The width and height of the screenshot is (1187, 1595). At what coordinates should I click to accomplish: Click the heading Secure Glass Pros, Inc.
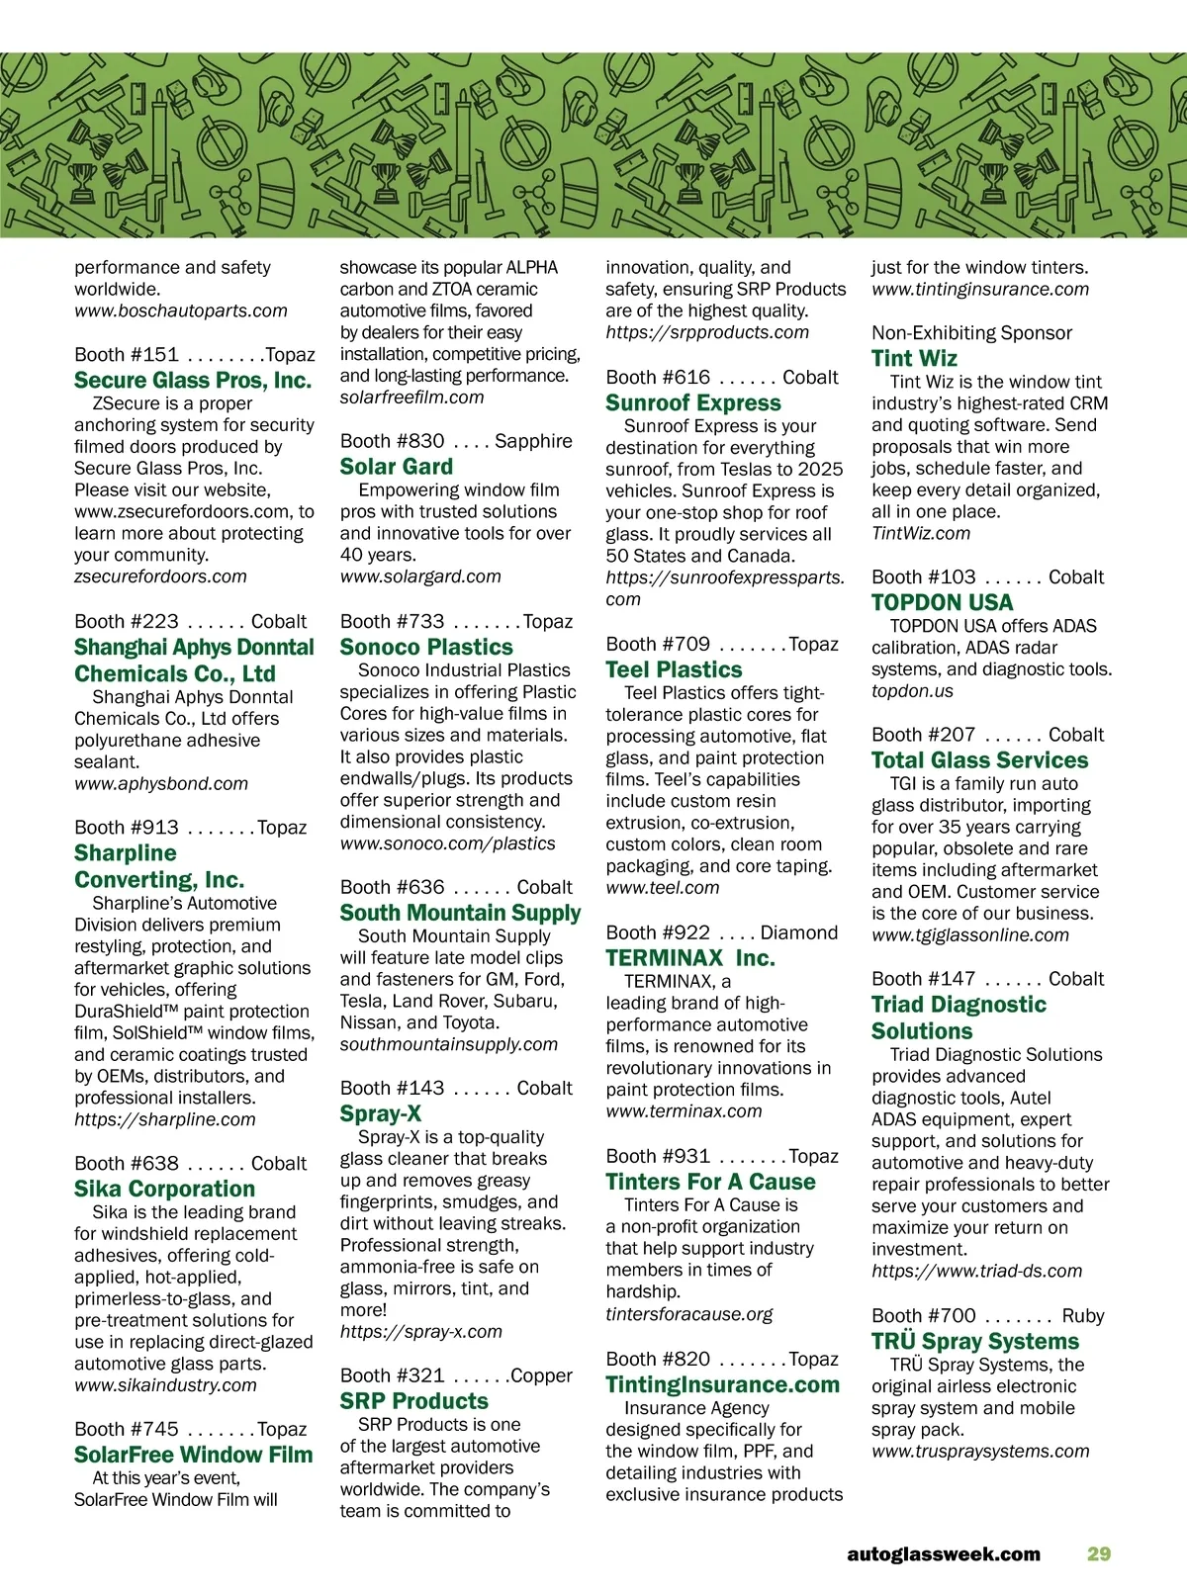tap(193, 381)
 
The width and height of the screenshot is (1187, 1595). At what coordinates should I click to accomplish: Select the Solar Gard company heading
tap(397, 467)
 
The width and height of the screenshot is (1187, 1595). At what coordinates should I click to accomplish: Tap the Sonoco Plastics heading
tap(426, 648)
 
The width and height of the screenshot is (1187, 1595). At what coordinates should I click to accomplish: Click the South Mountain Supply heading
tap(460, 913)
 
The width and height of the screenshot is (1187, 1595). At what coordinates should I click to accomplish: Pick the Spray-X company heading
tap(381, 1113)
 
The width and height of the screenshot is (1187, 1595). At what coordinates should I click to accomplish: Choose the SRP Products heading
tap(413, 1401)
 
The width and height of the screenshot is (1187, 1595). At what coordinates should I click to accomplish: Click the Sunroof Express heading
tap(693, 403)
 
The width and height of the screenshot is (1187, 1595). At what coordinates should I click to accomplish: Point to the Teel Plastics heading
tap(674, 669)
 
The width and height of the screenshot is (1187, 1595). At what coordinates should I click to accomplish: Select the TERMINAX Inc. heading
tap(690, 958)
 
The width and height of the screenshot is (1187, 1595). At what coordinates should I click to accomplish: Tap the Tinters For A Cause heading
tap(710, 1182)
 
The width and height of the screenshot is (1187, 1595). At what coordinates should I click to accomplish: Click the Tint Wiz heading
tap(914, 359)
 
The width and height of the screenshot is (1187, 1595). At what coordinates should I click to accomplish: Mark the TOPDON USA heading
tap(942, 602)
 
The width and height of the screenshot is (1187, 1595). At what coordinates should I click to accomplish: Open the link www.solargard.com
tap(420, 576)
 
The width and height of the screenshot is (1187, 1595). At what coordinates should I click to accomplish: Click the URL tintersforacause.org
tap(689, 1314)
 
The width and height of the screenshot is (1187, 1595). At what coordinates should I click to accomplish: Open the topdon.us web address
tap(912, 691)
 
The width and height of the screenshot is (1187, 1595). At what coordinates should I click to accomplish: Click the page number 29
tap(1099, 1553)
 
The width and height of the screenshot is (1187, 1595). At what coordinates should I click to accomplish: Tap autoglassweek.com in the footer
tap(944, 1553)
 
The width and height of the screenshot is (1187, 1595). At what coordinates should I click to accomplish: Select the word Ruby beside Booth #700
tap(1082, 1316)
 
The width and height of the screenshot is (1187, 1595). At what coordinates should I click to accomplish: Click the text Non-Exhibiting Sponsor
tap(971, 333)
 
